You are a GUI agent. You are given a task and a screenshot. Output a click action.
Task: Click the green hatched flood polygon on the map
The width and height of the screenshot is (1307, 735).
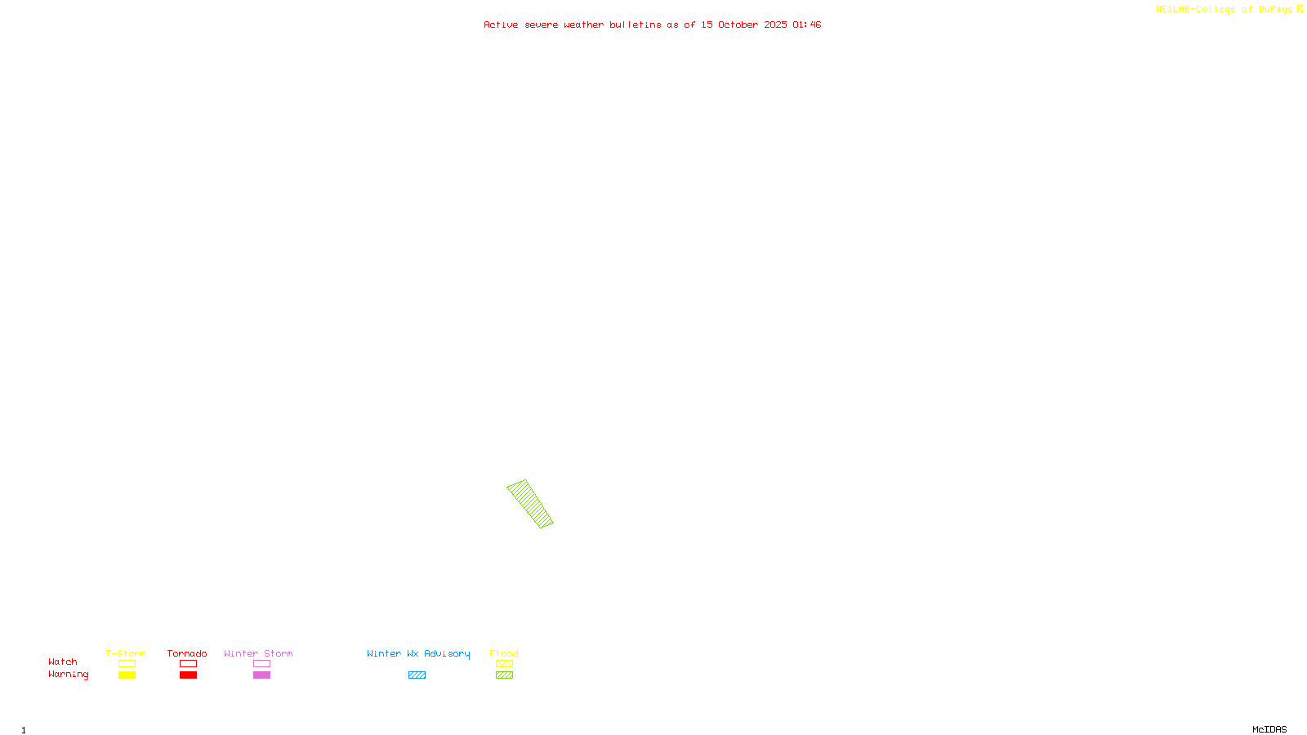tap(529, 503)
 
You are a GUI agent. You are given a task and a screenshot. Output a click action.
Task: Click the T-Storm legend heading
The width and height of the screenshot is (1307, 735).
tap(126, 653)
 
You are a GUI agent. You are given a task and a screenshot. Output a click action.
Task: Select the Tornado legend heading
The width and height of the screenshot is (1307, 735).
tap(187, 653)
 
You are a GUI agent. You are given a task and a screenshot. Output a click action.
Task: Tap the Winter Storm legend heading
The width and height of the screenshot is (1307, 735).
tap(258, 653)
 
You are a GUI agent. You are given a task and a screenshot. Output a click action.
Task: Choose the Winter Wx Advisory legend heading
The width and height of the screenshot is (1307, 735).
tap(418, 653)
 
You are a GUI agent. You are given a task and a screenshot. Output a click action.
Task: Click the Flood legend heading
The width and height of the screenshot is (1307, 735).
tap(504, 653)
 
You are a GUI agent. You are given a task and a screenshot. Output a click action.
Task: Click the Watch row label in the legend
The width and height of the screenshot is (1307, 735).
tap(63, 661)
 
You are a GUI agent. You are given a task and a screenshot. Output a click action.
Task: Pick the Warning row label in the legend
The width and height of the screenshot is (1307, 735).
tap(68, 675)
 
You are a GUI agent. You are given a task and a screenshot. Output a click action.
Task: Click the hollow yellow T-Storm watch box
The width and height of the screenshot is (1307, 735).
tap(127, 664)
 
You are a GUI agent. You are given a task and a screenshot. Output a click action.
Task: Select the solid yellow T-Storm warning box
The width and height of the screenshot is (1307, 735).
tap(127, 675)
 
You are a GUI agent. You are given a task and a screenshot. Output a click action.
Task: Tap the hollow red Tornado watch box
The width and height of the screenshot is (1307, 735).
tap(188, 664)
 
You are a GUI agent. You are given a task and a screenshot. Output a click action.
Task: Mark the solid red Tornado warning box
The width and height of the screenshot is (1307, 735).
tap(188, 675)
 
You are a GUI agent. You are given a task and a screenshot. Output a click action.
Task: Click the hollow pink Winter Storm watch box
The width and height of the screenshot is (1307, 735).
tap(261, 664)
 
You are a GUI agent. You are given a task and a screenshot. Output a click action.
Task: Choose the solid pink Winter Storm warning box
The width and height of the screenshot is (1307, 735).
tap(261, 675)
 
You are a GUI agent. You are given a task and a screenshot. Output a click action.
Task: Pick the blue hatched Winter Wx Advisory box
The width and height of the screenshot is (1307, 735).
tap(417, 675)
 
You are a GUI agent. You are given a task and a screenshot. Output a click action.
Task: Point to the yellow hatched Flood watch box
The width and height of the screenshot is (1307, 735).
tap(504, 664)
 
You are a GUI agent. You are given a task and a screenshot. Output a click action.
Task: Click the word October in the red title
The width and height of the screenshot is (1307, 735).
tap(738, 24)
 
